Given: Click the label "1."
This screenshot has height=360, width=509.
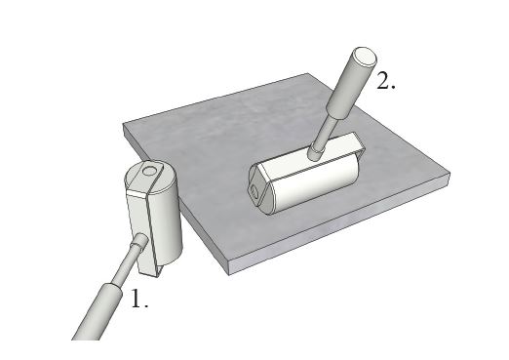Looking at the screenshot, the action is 139,299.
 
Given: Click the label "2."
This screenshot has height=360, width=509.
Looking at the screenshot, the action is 386,80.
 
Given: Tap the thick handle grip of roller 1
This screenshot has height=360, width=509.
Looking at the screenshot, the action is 97,312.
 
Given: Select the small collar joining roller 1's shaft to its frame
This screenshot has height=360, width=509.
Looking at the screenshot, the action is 139,241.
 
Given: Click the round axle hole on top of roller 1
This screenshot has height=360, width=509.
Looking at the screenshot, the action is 150,170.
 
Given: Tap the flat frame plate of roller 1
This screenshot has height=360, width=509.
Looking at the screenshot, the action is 139,227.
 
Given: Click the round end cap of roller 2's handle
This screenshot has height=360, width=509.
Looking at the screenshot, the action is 366,57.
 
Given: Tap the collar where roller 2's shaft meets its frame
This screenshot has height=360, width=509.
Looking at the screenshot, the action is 316,153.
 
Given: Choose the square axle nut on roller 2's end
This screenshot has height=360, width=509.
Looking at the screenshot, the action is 254,190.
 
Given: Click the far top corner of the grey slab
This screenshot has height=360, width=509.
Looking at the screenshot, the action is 307,74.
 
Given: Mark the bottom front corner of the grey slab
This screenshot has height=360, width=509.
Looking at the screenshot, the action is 229,274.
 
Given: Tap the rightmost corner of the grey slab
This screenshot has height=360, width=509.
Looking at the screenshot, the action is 450,174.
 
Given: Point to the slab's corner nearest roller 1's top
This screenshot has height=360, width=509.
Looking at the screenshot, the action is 123,124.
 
